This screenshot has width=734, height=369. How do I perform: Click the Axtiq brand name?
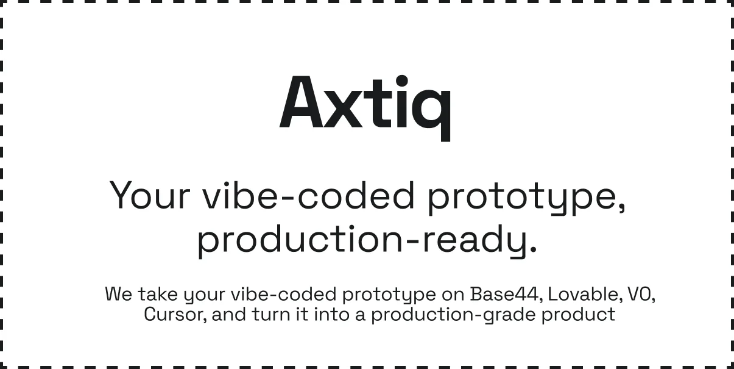click(x=365, y=108)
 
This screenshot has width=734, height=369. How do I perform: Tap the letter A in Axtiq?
click(x=301, y=102)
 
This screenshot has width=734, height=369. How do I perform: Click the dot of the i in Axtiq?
click(x=402, y=81)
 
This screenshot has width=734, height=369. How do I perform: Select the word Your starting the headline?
click(x=150, y=195)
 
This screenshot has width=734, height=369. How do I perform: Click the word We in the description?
click(x=119, y=294)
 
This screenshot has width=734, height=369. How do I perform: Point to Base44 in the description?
click(x=504, y=294)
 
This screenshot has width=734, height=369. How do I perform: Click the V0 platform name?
click(x=641, y=294)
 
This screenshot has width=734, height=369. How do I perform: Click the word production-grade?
click(x=454, y=315)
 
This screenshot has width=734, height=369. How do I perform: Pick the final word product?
click(x=578, y=315)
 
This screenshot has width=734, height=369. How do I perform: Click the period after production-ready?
click(x=532, y=251)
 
